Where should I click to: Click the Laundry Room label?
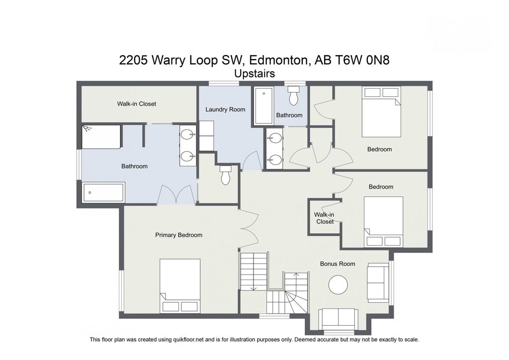point(225,109)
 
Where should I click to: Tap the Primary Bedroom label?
point(178,235)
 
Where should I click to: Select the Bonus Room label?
point(337,264)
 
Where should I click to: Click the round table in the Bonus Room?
point(339,285)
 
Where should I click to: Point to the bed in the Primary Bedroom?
point(180,286)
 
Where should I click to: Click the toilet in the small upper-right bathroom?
point(293,96)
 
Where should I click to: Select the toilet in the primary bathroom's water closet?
point(226,175)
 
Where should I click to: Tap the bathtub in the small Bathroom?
point(263,106)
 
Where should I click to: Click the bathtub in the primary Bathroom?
point(103,192)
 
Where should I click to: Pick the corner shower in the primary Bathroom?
point(101,137)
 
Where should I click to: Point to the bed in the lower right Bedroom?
point(383,222)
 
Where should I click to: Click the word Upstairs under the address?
point(254,73)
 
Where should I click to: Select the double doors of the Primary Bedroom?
point(249,227)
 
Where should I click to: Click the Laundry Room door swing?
point(252,162)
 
